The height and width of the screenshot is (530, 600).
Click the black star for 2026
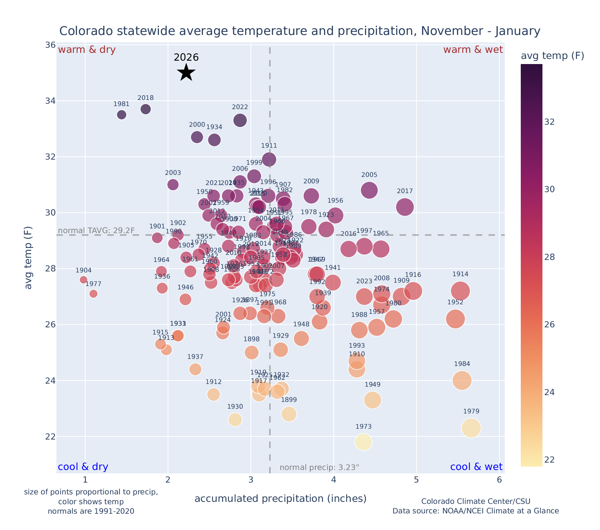click(186, 73)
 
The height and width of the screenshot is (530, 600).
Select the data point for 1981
click(122, 115)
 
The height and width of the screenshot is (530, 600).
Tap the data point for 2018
click(146, 109)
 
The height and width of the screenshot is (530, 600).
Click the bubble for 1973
click(363, 442)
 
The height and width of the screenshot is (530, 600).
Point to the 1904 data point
click(84, 280)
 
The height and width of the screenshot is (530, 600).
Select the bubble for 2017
click(405, 207)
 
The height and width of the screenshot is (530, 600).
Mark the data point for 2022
click(240, 120)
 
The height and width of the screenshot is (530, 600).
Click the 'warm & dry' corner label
click(87, 50)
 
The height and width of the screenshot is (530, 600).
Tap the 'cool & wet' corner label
click(476, 467)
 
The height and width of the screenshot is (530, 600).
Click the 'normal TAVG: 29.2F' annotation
click(97, 231)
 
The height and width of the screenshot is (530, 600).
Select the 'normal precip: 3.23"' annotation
click(319, 468)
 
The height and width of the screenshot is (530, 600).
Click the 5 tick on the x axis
click(416, 480)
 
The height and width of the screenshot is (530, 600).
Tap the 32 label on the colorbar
click(550, 122)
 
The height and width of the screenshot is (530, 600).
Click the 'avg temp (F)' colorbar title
click(552, 56)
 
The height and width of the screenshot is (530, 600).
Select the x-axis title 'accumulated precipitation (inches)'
click(280, 498)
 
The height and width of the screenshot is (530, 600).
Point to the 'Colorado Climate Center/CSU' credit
click(475, 501)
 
